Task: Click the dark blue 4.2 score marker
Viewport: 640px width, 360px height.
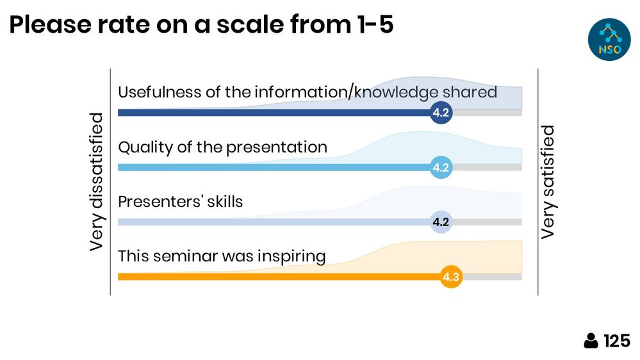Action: pos(441,112)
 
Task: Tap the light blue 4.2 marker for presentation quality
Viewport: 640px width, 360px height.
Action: pos(441,167)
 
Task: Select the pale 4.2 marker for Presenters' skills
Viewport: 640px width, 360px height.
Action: pos(441,222)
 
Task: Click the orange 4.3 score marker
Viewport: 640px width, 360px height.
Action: pos(451,277)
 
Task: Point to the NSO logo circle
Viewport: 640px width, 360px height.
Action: pos(609,40)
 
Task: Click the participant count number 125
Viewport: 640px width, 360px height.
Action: pos(617,341)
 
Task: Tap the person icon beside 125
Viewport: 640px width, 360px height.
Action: pos(591,341)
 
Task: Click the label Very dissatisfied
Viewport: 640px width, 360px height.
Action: pos(96,182)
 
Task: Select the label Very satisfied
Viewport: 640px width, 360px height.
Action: pos(547,182)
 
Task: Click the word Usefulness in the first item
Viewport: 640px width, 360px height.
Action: pos(160,92)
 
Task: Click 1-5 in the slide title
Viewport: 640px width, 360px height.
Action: pos(375,24)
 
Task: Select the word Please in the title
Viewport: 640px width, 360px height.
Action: pos(50,24)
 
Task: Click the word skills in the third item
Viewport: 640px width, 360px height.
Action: pos(225,202)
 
